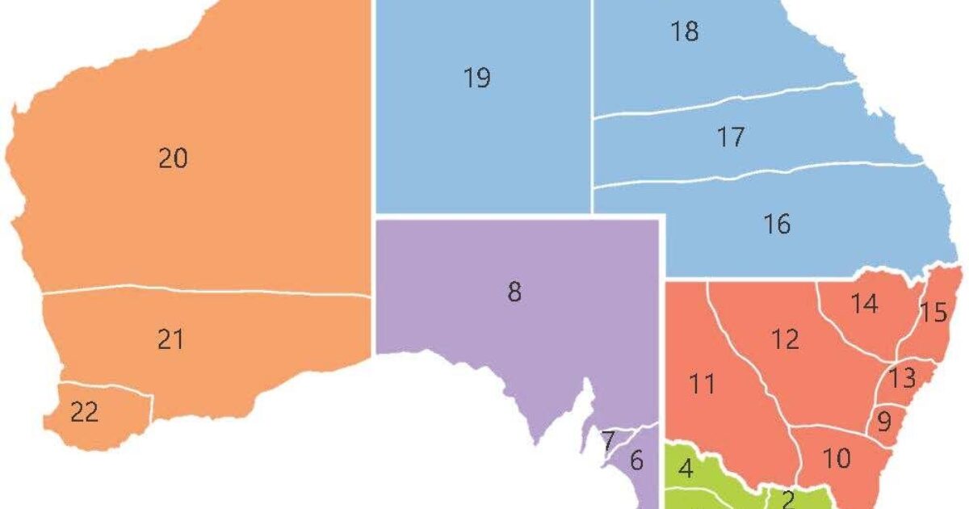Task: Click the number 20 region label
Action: [173, 159]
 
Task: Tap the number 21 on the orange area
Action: [170, 340]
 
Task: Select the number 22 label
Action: [84, 413]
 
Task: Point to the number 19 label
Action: [477, 78]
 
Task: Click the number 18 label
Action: [684, 32]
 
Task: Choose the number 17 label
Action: [730, 137]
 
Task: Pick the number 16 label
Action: [777, 224]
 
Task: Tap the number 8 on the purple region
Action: [514, 292]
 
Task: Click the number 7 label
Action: [609, 441]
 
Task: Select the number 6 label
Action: [636, 461]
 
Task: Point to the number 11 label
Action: [702, 384]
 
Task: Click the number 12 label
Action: [784, 339]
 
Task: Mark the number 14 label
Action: [863, 305]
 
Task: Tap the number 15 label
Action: [933, 313]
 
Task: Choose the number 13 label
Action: [902, 376]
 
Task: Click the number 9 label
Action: [883, 421]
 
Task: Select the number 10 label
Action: [837, 459]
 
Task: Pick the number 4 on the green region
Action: [686, 469]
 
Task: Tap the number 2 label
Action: [788, 499]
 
